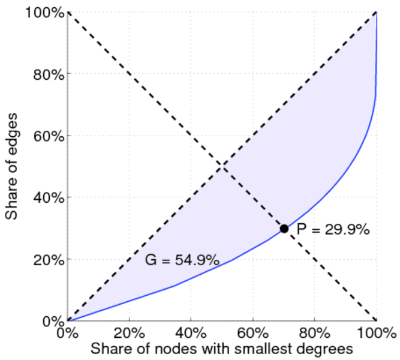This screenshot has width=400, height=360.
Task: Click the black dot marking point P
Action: [x=284, y=229]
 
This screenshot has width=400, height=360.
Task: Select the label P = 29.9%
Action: [x=333, y=229]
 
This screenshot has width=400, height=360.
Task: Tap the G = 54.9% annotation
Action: [x=182, y=260]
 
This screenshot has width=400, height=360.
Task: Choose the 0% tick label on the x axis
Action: [x=68, y=332]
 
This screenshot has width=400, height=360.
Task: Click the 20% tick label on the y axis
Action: [x=49, y=260]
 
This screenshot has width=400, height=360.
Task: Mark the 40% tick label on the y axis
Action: [x=49, y=198]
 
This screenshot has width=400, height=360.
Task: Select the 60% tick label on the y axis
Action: [x=49, y=136]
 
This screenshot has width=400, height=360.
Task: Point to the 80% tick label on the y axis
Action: [x=49, y=74]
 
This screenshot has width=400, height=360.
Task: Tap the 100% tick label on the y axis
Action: [x=45, y=13]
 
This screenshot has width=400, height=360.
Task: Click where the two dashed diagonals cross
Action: [x=222, y=166]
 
